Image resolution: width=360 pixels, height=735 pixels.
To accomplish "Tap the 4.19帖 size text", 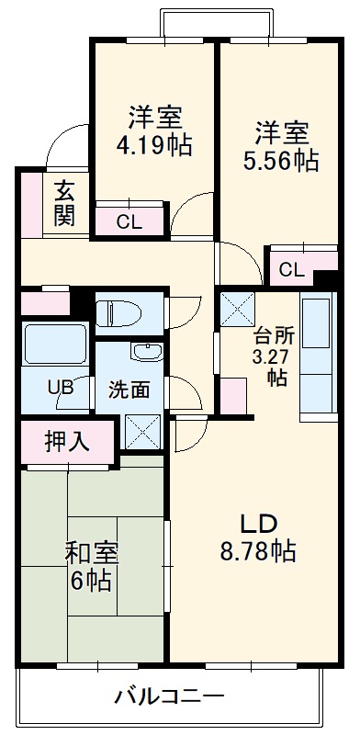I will (x=154, y=144).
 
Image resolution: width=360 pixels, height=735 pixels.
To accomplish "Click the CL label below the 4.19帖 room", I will (x=129, y=220).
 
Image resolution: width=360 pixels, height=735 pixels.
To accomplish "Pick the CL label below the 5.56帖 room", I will (x=291, y=269).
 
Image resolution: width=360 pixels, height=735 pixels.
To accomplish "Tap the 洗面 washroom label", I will (x=129, y=389).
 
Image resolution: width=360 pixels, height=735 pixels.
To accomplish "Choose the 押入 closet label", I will (x=67, y=441).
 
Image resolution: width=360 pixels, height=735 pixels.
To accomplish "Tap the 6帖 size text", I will (x=91, y=581).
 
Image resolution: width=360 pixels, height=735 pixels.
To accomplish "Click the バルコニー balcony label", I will (x=168, y=695).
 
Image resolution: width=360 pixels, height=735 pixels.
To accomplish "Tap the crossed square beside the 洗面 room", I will (x=142, y=431).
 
